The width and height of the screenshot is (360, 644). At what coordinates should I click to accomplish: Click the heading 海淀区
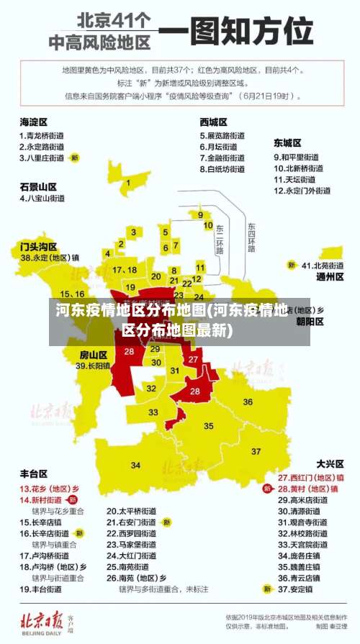(33, 122)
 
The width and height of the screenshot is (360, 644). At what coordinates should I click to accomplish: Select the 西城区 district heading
(214, 122)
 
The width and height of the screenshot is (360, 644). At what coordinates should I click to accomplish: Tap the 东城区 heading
(287, 143)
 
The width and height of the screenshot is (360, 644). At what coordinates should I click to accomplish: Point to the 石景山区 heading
(38, 186)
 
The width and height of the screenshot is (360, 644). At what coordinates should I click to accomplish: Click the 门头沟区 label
(38, 246)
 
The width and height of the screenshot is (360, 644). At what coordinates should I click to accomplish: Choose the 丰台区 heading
(33, 473)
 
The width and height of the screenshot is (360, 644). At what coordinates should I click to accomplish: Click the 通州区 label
(330, 276)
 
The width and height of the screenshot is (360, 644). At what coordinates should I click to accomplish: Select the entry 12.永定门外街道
(302, 191)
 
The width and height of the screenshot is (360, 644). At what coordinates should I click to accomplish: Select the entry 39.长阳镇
(93, 366)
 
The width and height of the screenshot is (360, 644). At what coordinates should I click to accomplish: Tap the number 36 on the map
(248, 402)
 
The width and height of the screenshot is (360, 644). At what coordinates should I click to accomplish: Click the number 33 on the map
(153, 412)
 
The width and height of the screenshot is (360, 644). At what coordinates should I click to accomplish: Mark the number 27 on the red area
(193, 359)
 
